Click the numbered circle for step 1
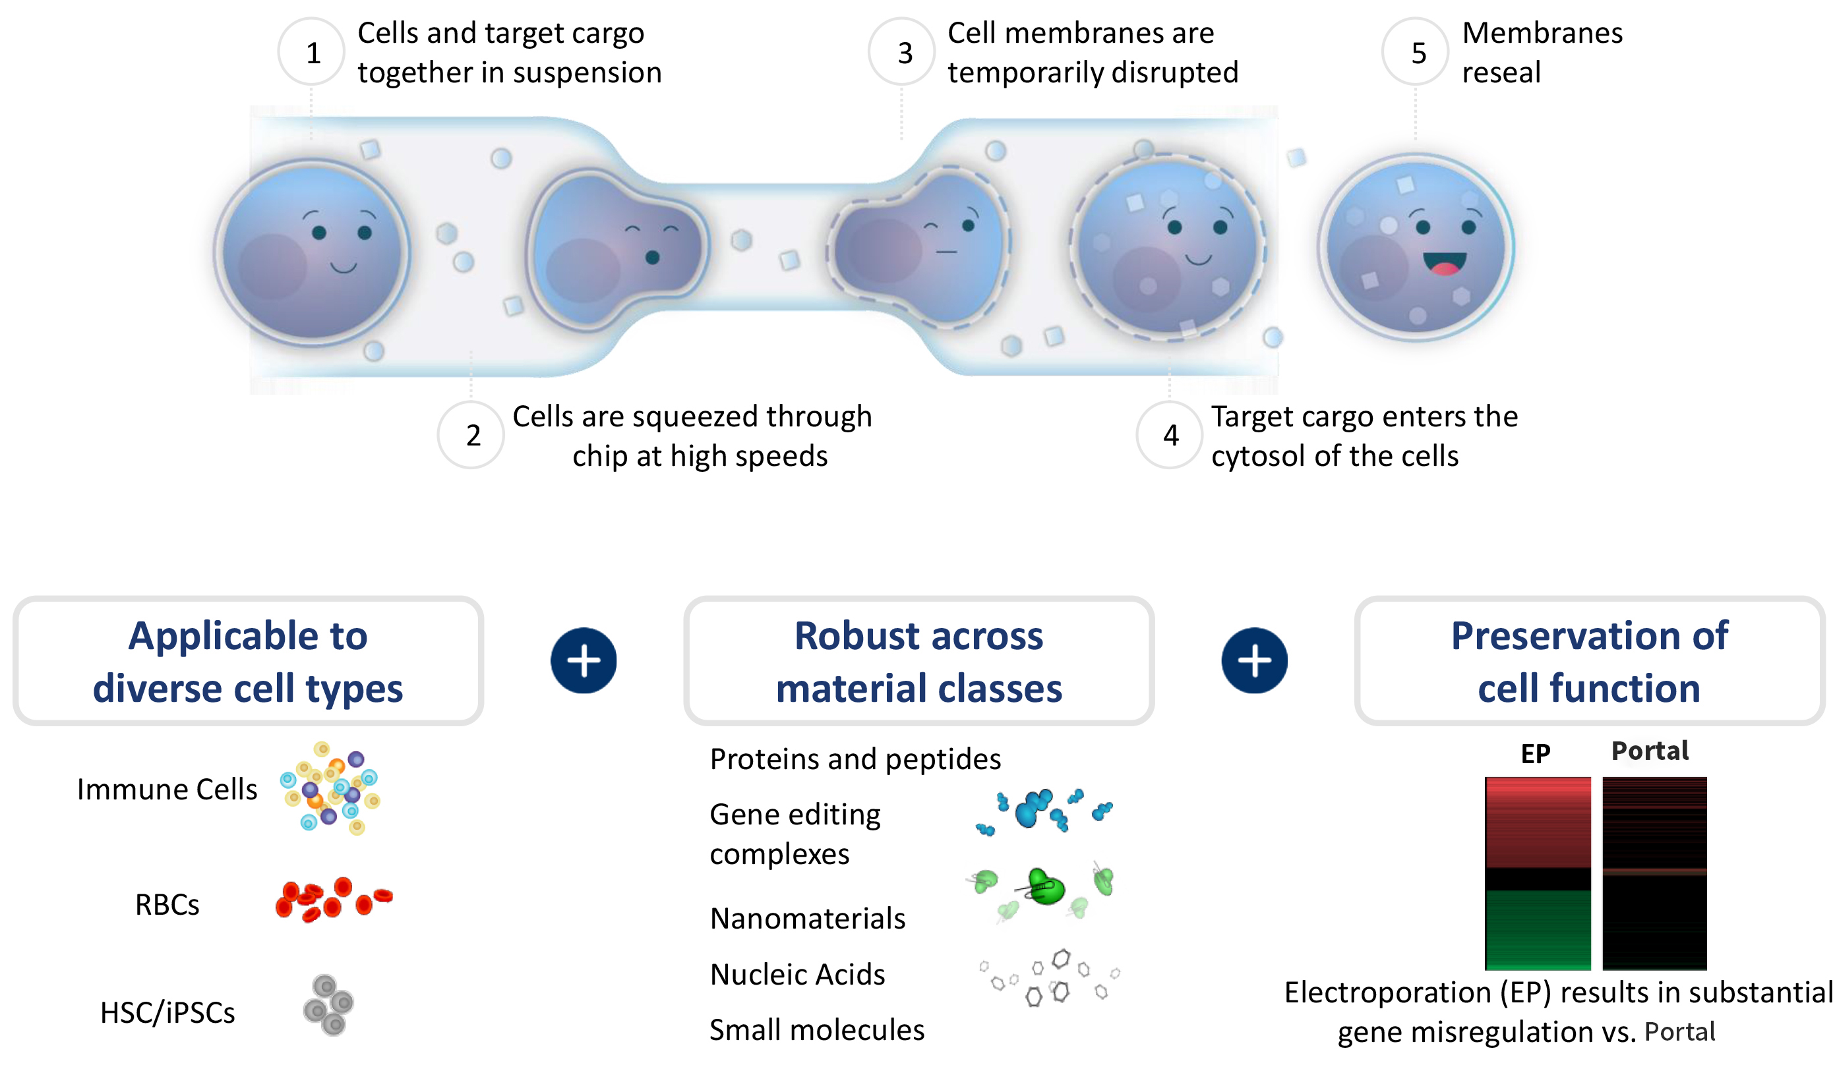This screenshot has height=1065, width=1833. click(312, 52)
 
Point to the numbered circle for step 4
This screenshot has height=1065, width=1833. click(1170, 435)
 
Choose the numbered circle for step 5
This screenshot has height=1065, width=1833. click(1417, 52)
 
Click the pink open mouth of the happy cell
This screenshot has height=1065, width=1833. click(1445, 263)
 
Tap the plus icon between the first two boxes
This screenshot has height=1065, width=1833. click(584, 660)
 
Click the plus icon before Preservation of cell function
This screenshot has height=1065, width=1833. click(1254, 660)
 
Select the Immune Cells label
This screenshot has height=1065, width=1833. click(167, 790)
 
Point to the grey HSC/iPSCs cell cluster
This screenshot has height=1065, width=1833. click(328, 1004)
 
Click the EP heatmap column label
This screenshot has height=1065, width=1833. click(1536, 753)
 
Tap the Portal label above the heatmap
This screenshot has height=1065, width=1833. click(1650, 750)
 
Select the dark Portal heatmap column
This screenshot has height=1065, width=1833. click(1654, 873)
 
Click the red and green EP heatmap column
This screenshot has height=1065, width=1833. click(1537, 873)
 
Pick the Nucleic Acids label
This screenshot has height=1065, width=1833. click(797, 974)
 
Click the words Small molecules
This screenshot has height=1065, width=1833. click(817, 1029)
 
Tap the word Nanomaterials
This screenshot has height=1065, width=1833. click(808, 918)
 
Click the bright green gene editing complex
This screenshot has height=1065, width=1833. click(1046, 887)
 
